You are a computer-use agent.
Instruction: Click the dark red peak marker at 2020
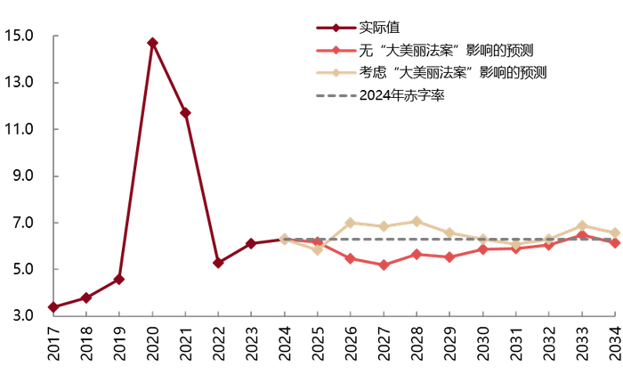coord(152,43)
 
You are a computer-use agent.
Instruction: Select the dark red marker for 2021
coord(185,113)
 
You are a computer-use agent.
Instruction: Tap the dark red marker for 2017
coord(53,307)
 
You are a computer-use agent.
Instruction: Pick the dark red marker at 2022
coord(218,263)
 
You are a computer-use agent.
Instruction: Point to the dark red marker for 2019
coord(119,280)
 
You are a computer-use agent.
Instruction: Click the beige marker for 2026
coord(350,223)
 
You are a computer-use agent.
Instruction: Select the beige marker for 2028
coord(416,221)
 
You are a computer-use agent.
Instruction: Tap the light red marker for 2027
coord(383,265)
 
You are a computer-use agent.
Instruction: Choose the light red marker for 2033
coord(581,236)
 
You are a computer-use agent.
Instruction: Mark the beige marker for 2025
coord(317,250)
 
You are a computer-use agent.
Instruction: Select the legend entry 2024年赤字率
coord(401,95)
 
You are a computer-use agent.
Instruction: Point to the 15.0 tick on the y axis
coord(19,37)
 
